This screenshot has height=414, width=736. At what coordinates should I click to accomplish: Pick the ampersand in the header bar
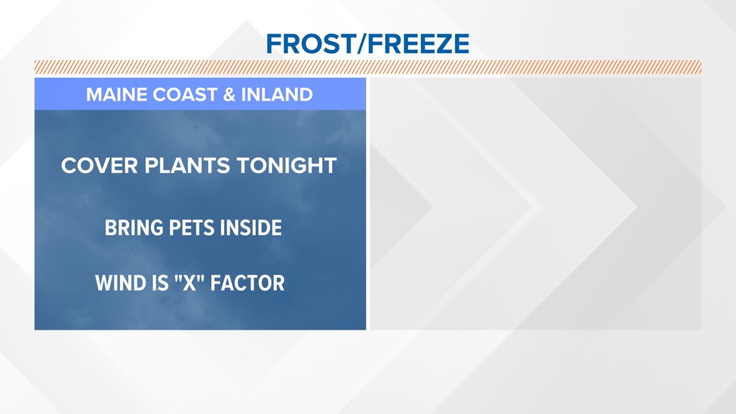pyautogui.click(x=229, y=95)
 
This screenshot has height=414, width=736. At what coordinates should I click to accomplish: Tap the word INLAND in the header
pyautogui.click(x=277, y=95)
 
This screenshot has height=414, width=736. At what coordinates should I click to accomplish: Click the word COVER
pyautogui.click(x=99, y=166)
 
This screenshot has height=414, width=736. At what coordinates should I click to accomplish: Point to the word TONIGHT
pyautogui.click(x=286, y=166)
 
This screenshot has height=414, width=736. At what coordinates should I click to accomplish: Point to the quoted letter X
pyautogui.click(x=190, y=283)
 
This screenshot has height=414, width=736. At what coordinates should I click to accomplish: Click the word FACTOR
pyautogui.click(x=247, y=283)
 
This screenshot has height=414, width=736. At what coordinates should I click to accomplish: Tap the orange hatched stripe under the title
pyautogui.click(x=368, y=67)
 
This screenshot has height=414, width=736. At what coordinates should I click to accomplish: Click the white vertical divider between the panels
pyautogui.click(x=368, y=203)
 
